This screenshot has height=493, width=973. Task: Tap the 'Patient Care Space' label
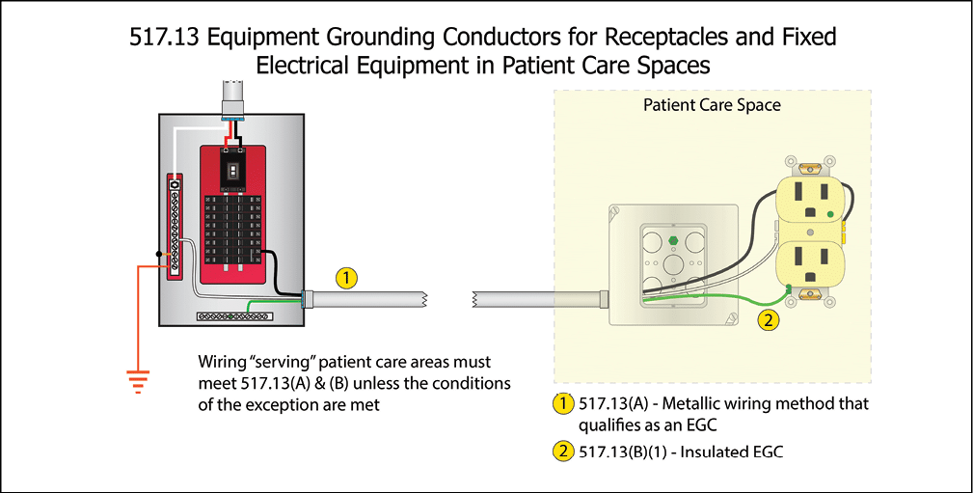(712, 104)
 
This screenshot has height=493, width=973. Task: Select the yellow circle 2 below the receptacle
(769, 319)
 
